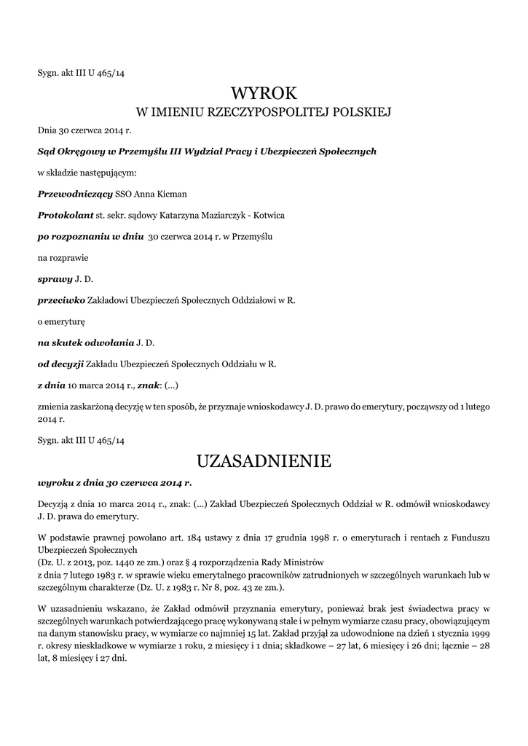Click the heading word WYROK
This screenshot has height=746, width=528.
pos(264,93)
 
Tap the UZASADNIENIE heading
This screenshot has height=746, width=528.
pos(264,461)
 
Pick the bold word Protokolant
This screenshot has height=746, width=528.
pos(66,216)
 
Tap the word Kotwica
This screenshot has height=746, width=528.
pos(267,216)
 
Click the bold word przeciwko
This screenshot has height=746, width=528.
pos(61,299)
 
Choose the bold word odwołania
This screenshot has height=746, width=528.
pos(111,342)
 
